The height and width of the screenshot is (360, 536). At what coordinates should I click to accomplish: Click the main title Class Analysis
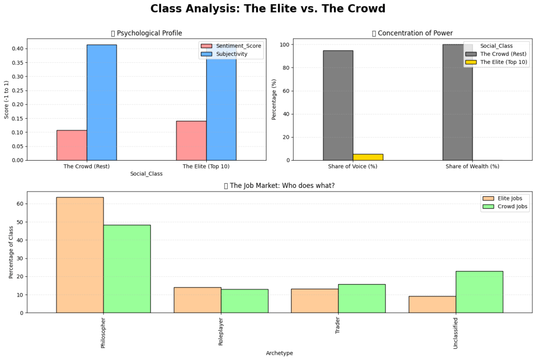pos(267,9)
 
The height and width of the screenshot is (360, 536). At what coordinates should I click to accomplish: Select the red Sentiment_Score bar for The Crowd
pos(72,145)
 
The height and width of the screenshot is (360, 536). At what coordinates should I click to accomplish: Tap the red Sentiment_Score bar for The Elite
pos(191,140)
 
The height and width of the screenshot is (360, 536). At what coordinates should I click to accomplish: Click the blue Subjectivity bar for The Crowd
pos(102,102)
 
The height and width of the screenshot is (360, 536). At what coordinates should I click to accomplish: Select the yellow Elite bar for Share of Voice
pos(368,157)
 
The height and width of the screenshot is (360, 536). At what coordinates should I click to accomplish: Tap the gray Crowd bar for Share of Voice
pos(338,105)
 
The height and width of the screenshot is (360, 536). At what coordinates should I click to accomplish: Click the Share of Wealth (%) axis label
pos(472,166)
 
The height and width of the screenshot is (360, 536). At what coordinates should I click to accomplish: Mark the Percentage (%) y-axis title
pos(274,99)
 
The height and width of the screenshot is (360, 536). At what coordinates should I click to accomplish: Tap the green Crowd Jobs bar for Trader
pos(362,298)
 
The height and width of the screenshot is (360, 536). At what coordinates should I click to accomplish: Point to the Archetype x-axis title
pos(279,353)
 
